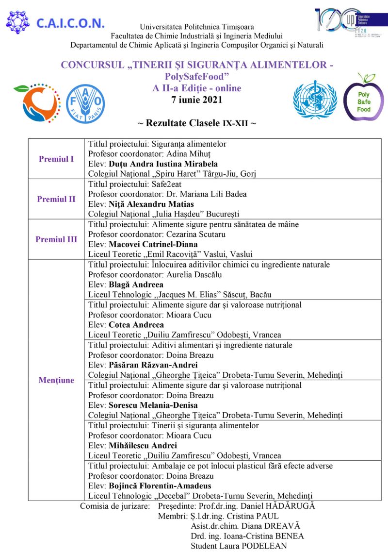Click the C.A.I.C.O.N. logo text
pos(70,23)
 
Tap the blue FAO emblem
pos(85,103)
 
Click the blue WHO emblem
pos(315,100)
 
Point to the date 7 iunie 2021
pos(196,101)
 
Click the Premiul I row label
pos(56,159)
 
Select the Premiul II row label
pos(56,199)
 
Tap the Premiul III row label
pos(56,239)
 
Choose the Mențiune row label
pos(56,380)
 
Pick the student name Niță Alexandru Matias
pos(151,204)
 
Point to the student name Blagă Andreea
pos(136,285)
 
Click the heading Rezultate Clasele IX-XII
pos(196,123)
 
